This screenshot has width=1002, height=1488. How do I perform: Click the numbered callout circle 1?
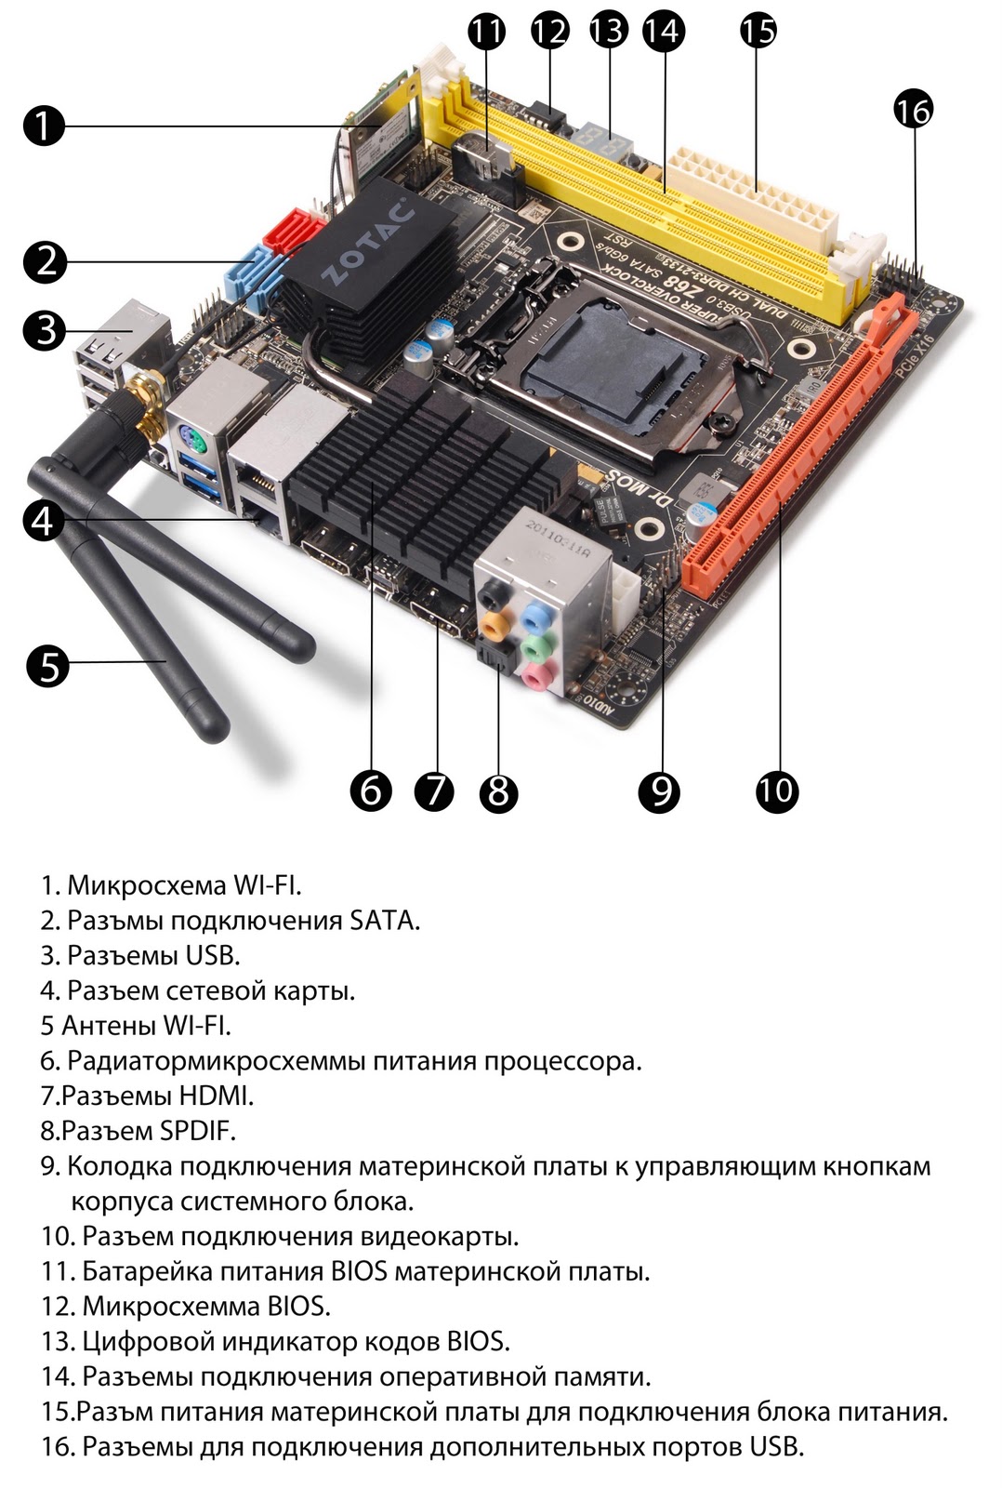44,126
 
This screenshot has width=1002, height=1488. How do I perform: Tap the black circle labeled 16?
914,111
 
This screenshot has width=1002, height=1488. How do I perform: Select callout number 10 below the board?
777,790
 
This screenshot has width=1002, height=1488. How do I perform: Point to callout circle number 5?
47,666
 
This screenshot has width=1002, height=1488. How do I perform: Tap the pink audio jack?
536,675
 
